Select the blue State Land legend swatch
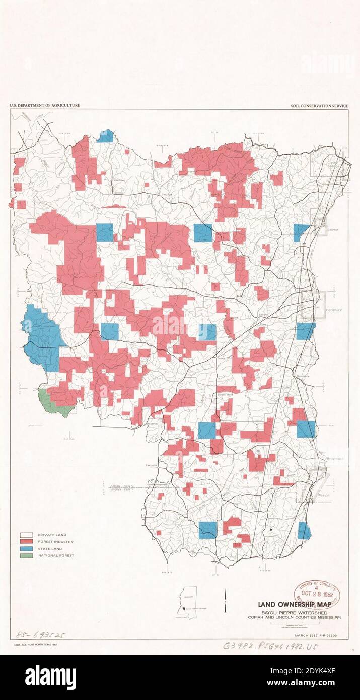click(x=26, y=548)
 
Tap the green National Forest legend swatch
click(x=26, y=555)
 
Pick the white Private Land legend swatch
click(x=26, y=535)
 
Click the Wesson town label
click(x=324, y=495)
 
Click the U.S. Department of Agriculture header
click(x=44, y=105)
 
